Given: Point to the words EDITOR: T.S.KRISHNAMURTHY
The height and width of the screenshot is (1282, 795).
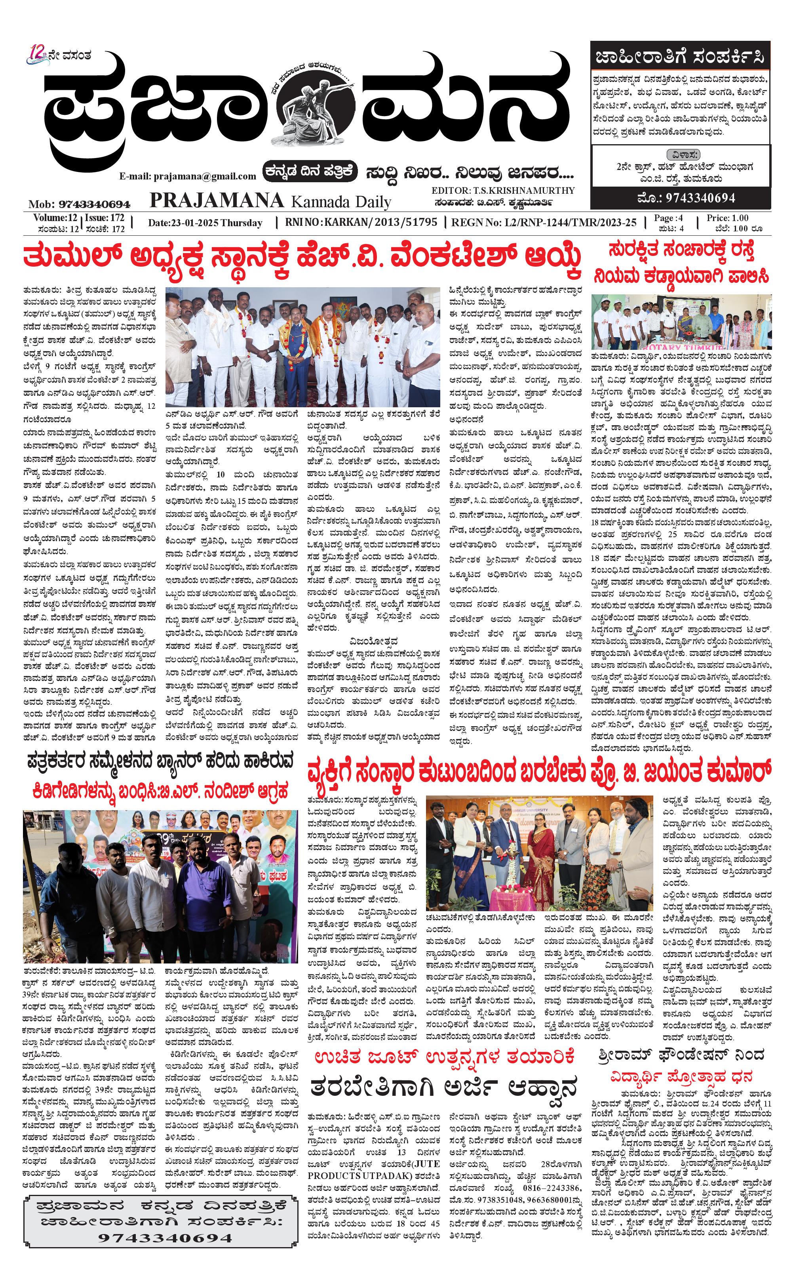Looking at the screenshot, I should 503,191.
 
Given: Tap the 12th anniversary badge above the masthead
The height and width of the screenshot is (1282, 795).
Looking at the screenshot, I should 38,54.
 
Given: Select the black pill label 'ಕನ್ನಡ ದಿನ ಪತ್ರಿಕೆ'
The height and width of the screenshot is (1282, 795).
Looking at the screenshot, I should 310,171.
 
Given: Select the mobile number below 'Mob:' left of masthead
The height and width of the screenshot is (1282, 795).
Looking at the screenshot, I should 95,204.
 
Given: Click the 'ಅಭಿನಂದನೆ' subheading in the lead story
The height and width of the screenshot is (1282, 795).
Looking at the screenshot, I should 467,419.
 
